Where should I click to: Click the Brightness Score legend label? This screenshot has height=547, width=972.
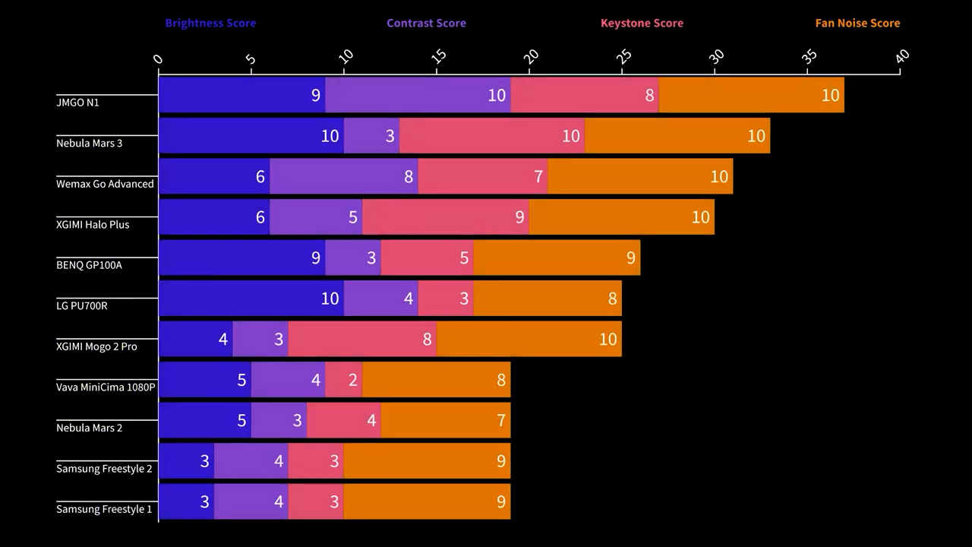point(210,23)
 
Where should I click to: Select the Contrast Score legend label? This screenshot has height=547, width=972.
point(426,23)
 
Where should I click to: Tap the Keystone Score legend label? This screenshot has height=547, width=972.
point(642,23)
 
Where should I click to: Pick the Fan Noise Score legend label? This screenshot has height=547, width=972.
point(857,23)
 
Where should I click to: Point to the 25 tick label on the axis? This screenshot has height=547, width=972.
point(623,57)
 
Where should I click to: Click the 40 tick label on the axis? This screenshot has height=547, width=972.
point(901,57)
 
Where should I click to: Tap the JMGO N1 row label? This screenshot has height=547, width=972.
point(77,102)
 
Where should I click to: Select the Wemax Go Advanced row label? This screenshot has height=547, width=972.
point(105,184)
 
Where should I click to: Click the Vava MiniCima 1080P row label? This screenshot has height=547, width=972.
point(106,387)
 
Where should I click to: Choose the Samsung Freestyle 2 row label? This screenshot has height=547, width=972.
point(104,469)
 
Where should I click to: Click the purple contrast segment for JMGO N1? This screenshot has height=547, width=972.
point(418,95)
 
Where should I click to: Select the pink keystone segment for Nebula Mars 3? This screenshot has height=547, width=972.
point(492,135)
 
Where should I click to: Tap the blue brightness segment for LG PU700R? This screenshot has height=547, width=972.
point(251,299)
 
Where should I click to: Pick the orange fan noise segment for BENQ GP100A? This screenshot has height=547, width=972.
point(557,258)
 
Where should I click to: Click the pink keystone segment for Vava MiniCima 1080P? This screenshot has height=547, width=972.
point(344,380)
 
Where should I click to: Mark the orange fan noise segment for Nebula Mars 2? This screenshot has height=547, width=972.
point(445,420)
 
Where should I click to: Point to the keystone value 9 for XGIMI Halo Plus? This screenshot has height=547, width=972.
point(520,217)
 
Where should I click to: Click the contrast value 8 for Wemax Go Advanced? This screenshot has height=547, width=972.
point(409,177)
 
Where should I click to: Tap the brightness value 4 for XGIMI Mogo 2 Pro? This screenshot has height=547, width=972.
point(223,339)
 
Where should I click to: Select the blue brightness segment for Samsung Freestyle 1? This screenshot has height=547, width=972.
point(186,501)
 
